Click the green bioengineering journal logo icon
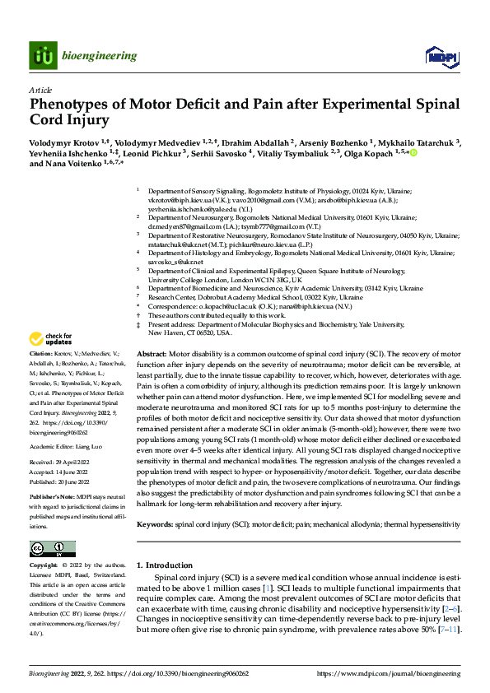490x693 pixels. pos(42,56)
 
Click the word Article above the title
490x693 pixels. pos(40,91)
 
